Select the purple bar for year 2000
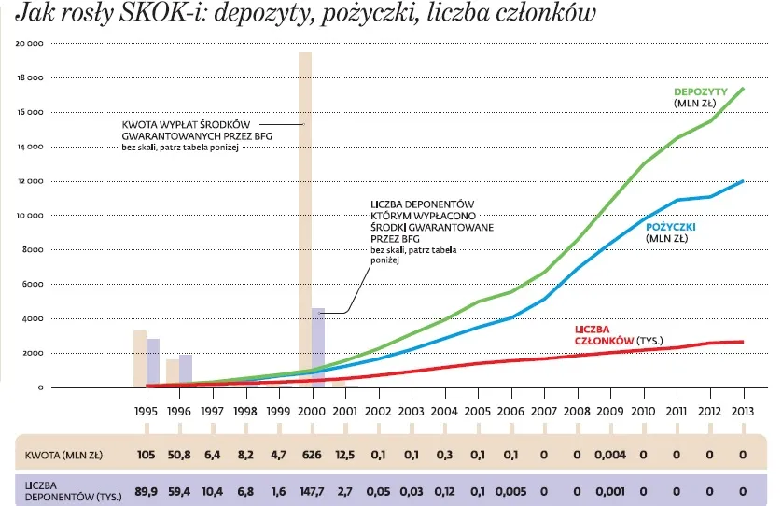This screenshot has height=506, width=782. pos(317,346)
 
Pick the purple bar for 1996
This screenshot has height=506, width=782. pos(185,370)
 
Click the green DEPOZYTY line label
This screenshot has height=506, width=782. pos(701,91)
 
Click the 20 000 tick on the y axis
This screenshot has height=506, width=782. pos(32,44)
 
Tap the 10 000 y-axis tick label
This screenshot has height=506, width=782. pos(32,216)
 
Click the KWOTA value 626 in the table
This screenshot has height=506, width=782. pos(312,455)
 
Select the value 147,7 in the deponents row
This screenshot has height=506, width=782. pos(312,490)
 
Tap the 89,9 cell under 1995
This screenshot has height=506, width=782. pos(146,490)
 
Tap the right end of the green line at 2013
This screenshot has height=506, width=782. pos(743,89)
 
